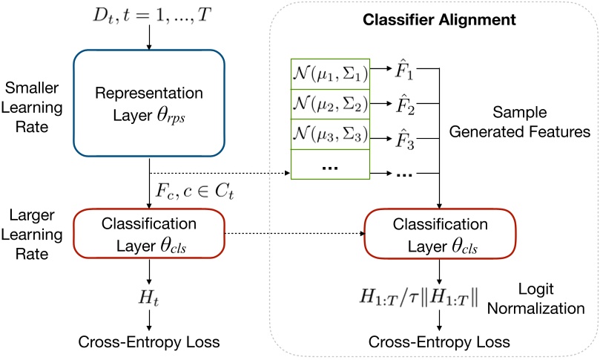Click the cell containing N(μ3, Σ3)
[330, 139]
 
